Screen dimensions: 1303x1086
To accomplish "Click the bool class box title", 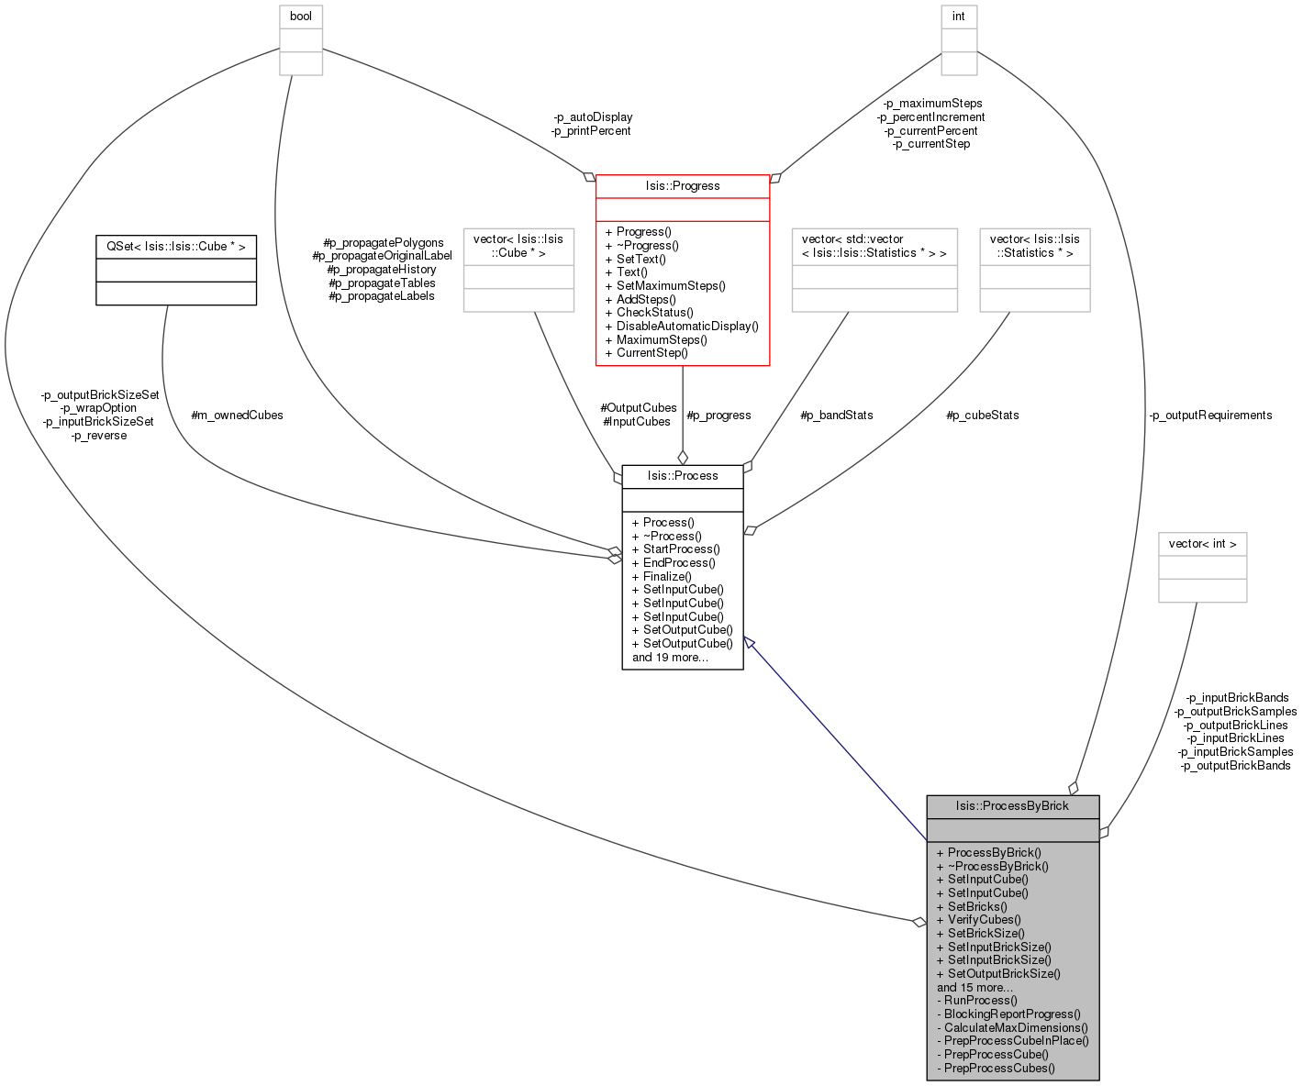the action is coord(300,17).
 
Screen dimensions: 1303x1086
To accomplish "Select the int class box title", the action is coord(958,17).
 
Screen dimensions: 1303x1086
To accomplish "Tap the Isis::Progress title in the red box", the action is coord(682,186).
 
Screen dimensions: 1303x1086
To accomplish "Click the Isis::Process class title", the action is coord(682,476).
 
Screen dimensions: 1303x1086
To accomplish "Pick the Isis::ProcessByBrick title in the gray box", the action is coord(1011,806).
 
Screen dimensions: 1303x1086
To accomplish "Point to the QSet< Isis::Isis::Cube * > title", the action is coord(176,247).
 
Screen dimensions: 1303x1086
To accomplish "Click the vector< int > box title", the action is coord(1202,544).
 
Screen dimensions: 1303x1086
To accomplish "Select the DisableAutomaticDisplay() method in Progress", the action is coord(682,327).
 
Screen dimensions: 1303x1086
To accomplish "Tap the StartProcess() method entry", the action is coord(676,549).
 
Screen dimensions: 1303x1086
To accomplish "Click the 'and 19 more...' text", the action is coord(670,658).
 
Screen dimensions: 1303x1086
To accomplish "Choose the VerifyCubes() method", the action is coord(978,919).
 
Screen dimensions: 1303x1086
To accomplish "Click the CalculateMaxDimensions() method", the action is coord(1012,1027).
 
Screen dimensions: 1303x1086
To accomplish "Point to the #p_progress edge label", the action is coord(718,416).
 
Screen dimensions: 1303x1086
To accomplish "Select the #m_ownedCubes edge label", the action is coord(237,416).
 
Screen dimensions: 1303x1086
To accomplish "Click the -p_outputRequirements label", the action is coord(1210,416).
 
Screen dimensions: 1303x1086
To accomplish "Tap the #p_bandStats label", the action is coord(836,416).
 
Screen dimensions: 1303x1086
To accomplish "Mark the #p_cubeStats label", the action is coord(982,416).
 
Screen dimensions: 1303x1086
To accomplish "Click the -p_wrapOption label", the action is coord(98,408).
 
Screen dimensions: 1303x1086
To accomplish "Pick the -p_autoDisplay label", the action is coord(593,117).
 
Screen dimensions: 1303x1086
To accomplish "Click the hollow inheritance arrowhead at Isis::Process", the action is coord(749,643).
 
